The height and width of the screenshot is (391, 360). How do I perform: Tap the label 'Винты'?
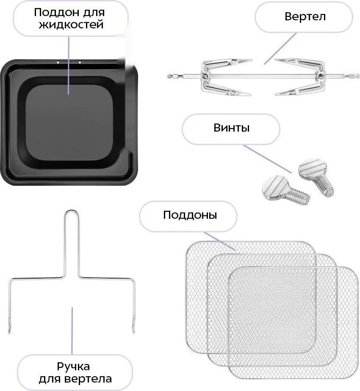(231, 128)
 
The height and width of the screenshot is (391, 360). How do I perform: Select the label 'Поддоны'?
(190, 215)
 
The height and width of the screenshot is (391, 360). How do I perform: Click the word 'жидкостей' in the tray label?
(71, 24)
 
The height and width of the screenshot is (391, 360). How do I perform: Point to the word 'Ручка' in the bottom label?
(73, 366)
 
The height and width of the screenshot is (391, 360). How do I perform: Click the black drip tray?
(70, 123)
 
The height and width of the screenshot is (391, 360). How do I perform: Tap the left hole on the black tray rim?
(58, 63)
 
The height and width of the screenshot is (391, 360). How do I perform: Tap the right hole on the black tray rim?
(80, 63)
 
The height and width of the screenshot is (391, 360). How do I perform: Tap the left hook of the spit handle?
(9, 330)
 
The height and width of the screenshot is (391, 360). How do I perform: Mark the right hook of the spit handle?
(133, 330)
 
